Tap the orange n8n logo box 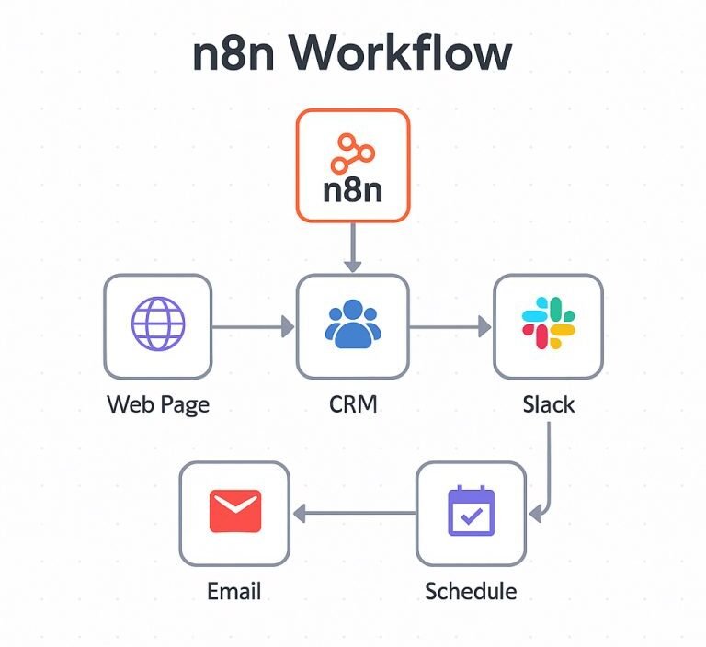(x=353, y=165)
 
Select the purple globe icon (x=158, y=325)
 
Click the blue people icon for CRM (x=353, y=325)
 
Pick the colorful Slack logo (x=548, y=323)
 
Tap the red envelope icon (x=234, y=511)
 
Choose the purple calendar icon (x=471, y=512)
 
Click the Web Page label (x=158, y=404)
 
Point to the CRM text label (x=353, y=404)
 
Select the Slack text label (x=548, y=404)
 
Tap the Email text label (x=233, y=590)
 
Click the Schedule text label (x=471, y=590)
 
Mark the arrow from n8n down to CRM (x=353, y=246)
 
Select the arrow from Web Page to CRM (x=254, y=325)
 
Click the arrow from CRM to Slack (x=450, y=325)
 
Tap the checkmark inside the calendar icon (x=471, y=517)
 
